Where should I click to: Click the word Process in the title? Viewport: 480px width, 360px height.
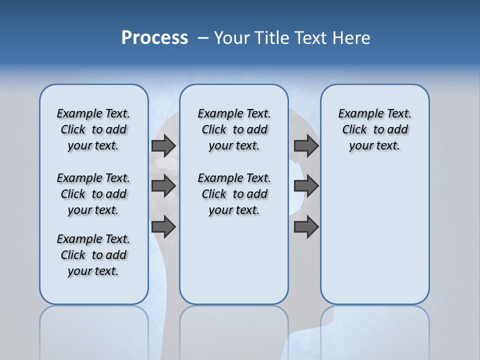[154, 38]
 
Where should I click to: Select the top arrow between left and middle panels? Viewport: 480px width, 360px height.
[163, 145]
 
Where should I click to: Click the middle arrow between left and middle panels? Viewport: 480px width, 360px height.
[163, 186]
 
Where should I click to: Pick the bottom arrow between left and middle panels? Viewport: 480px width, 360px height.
[163, 227]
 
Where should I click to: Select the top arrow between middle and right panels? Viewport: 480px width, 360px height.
[306, 145]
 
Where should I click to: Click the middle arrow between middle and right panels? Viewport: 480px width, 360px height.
[306, 186]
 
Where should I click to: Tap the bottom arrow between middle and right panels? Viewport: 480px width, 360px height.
[306, 227]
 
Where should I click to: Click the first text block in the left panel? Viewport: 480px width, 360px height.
[93, 129]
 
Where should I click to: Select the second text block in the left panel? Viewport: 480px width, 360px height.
[93, 194]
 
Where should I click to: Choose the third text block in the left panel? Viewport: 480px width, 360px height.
[93, 255]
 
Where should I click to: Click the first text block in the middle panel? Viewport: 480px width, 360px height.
[234, 129]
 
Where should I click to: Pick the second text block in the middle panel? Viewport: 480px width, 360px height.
[234, 194]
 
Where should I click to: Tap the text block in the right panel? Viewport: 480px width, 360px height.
[374, 129]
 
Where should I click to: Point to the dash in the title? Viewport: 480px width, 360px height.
[203, 38]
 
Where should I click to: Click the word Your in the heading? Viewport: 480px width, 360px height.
[232, 38]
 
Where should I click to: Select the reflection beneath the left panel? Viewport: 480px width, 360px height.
[94, 330]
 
